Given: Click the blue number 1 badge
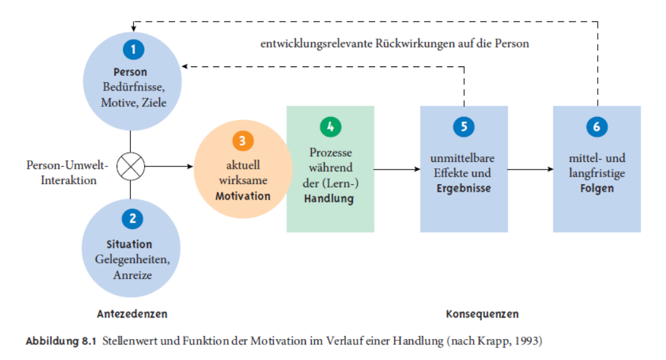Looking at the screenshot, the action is pyautogui.click(x=133, y=49).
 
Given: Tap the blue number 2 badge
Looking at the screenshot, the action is pyautogui.click(x=133, y=218).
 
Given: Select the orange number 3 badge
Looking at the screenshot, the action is pyautogui.click(x=243, y=140).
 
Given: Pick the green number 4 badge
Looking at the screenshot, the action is pyautogui.click(x=330, y=127).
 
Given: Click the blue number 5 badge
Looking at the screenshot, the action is pyautogui.click(x=464, y=127).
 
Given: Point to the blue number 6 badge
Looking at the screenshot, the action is pyautogui.click(x=597, y=127).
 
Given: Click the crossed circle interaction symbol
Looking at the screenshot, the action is pyautogui.click(x=130, y=166).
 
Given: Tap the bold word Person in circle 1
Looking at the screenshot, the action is pyautogui.click(x=130, y=72).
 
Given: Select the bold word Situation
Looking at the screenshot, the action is pyautogui.click(x=129, y=244).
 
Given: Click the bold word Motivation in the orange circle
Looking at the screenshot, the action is pyautogui.click(x=243, y=196).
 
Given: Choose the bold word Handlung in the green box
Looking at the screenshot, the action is pyautogui.click(x=329, y=199).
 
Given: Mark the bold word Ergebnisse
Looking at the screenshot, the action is pyautogui.click(x=464, y=189).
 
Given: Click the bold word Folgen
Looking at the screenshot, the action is pyautogui.click(x=597, y=189).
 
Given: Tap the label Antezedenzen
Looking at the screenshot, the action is pyautogui.click(x=132, y=314).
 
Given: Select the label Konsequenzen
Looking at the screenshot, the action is pyautogui.click(x=482, y=314).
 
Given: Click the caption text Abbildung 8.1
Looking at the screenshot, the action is pyautogui.click(x=61, y=341).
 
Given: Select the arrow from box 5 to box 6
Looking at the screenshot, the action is pyautogui.click(x=531, y=169).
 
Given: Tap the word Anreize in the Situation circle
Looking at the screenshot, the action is pyautogui.click(x=133, y=275).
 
